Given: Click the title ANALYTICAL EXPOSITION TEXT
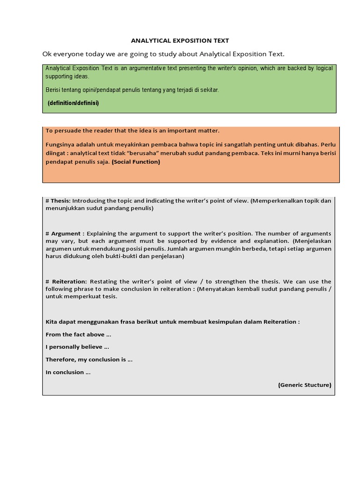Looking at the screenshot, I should point(180,41).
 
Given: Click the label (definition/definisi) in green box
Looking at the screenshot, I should point(73,103).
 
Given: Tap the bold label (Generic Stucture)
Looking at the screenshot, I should point(304,385).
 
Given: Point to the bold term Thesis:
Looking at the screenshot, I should point(60,201).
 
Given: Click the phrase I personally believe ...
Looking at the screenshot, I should point(77,347).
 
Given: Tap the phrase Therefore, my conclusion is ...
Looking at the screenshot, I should point(89,360).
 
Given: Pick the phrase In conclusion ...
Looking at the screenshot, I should point(68,372).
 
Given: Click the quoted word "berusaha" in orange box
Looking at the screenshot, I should point(142,153).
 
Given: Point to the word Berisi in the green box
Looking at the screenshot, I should point(53,90).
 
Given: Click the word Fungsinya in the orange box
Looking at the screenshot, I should point(60,144).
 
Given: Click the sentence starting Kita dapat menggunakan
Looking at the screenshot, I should point(172,322).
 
